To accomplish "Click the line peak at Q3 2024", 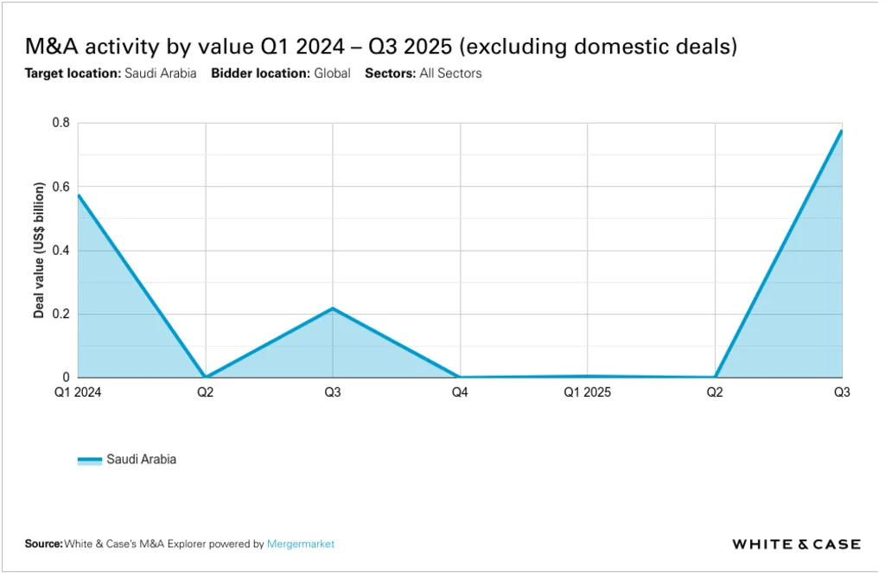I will coord(333,309).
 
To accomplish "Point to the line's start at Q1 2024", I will coord(79,195).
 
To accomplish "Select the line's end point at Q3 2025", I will coord(841,131).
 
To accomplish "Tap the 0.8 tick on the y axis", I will coord(60,124).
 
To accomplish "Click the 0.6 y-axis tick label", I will coord(60,188).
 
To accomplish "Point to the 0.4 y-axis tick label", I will coord(60,251).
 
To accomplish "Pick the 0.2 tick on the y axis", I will coord(60,315).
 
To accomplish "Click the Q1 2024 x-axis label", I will coord(78,392).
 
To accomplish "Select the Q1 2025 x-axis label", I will coord(587,392).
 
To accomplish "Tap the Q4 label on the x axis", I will coord(460,392).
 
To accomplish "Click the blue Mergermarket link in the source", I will coord(301,544).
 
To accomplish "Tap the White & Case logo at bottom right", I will coord(796,544).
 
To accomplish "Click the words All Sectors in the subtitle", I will coord(450,73).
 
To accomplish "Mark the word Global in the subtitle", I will coord(332,73).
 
